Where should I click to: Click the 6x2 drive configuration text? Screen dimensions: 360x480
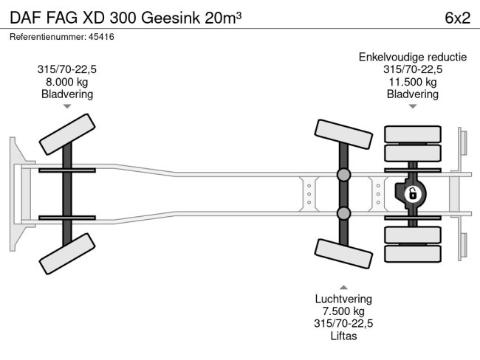tap(457, 18)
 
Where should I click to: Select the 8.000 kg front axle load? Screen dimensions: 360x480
tap(67, 82)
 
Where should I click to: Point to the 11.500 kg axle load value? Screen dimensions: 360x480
tap(412, 82)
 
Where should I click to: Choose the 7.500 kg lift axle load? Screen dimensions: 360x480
tap(344, 311)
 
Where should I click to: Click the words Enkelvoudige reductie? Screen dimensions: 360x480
tap(412, 57)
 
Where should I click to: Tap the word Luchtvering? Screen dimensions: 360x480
tap(344, 299)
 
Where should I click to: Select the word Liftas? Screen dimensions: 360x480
tap(344, 336)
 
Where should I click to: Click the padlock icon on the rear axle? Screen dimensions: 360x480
tap(412, 194)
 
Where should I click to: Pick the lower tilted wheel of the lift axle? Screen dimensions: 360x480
tap(343, 255)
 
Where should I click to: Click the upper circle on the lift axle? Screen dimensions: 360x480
tap(343, 175)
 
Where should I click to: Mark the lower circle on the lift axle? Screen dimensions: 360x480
tap(343, 214)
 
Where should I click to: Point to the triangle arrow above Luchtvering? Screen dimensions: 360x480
tap(344, 286)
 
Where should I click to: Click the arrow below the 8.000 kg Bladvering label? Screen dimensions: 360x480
tap(67, 107)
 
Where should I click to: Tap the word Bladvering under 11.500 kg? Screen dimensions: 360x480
tap(412, 94)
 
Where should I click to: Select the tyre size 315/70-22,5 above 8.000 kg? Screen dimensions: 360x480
tap(67, 69)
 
